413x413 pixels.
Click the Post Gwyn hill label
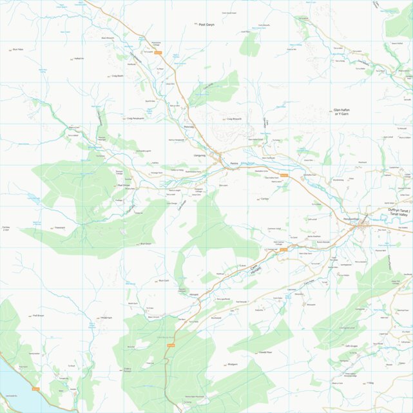pos(206,24)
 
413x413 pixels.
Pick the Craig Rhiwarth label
pos(233,119)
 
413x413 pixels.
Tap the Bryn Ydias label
pos(17,49)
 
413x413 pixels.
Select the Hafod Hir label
pos(79,59)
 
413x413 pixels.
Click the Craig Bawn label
pos(117,76)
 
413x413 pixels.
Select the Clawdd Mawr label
pos(247,352)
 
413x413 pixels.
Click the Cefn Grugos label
pos(351,345)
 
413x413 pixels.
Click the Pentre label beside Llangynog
pos(235,163)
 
